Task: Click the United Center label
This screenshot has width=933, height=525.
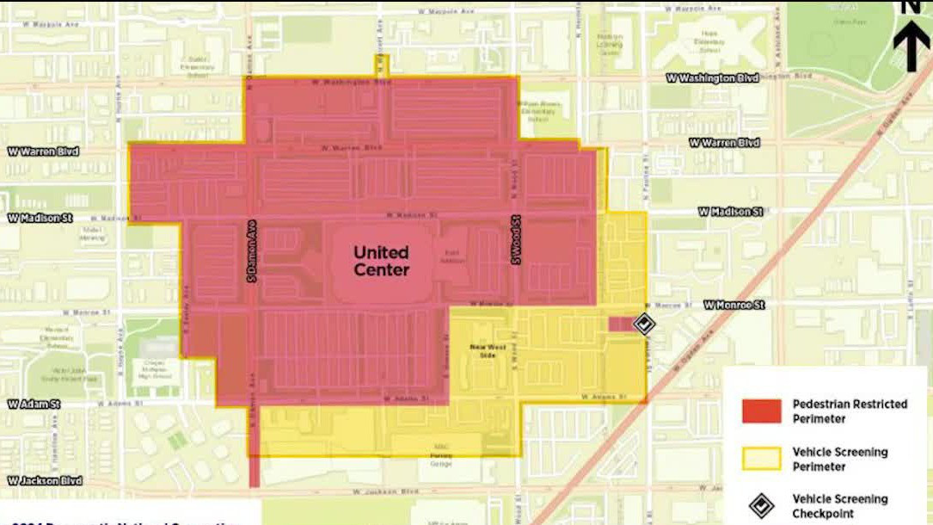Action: (x=381, y=261)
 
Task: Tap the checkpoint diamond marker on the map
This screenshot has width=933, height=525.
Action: (x=644, y=324)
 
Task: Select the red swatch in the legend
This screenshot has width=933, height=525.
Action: (x=761, y=411)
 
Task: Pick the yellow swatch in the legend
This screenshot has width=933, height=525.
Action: (x=761, y=459)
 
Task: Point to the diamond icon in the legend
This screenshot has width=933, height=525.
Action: (x=761, y=506)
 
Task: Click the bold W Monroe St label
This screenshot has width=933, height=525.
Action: (x=734, y=306)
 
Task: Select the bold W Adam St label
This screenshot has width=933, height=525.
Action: (x=34, y=404)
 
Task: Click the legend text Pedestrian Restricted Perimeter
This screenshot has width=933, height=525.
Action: (x=849, y=411)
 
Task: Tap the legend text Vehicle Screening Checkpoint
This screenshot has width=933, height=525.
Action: (x=839, y=506)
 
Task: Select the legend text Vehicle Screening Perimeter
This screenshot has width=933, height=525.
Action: (x=839, y=459)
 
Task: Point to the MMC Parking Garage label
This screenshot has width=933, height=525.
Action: (x=440, y=460)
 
